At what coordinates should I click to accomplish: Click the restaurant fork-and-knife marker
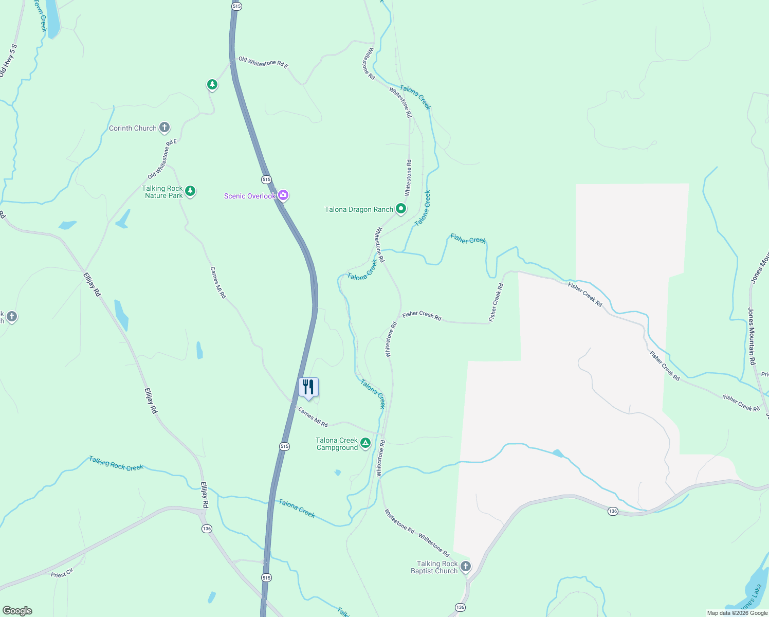pyautogui.click(x=308, y=387)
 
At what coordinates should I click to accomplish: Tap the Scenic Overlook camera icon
pyautogui.click(x=283, y=195)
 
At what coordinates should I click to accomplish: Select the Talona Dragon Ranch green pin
pyautogui.click(x=401, y=209)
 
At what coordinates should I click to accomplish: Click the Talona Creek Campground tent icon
pyautogui.click(x=365, y=443)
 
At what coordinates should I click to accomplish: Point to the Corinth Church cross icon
pyautogui.click(x=164, y=128)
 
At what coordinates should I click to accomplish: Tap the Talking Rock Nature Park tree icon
pyautogui.click(x=190, y=191)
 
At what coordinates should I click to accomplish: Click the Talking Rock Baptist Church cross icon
pyautogui.click(x=465, y=567)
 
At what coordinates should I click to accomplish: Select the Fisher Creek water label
pyautogui.click(x=468, y=239)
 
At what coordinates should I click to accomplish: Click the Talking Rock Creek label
pyautogui.click(x=116, y=463)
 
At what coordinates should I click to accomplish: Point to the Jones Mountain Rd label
pyautogui.click(x=752, y=336)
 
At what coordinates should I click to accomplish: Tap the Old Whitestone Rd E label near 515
pyautogui.click(x=263, y=63)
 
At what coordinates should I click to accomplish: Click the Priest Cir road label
pyautogui.click(x=62, y=573)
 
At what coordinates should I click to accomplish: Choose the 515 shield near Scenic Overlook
pyautogui.click(x=266, y=179)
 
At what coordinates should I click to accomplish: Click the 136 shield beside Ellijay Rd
pyautogui.click(x=207, y=529)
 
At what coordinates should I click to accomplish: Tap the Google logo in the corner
pyautogui.click(x=17, y=611)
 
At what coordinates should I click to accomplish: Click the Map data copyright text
pyautogui.click(x=737, y=613)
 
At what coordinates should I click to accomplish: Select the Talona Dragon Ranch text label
pyautogui.click(x=359, y=209)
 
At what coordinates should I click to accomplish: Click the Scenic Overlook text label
pyautogui.click(x=250, y=196)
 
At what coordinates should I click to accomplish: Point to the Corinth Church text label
pyautogui.click(x=133, y=128)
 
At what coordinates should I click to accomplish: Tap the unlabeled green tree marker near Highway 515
pyautogui.click(x=212, y=84)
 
